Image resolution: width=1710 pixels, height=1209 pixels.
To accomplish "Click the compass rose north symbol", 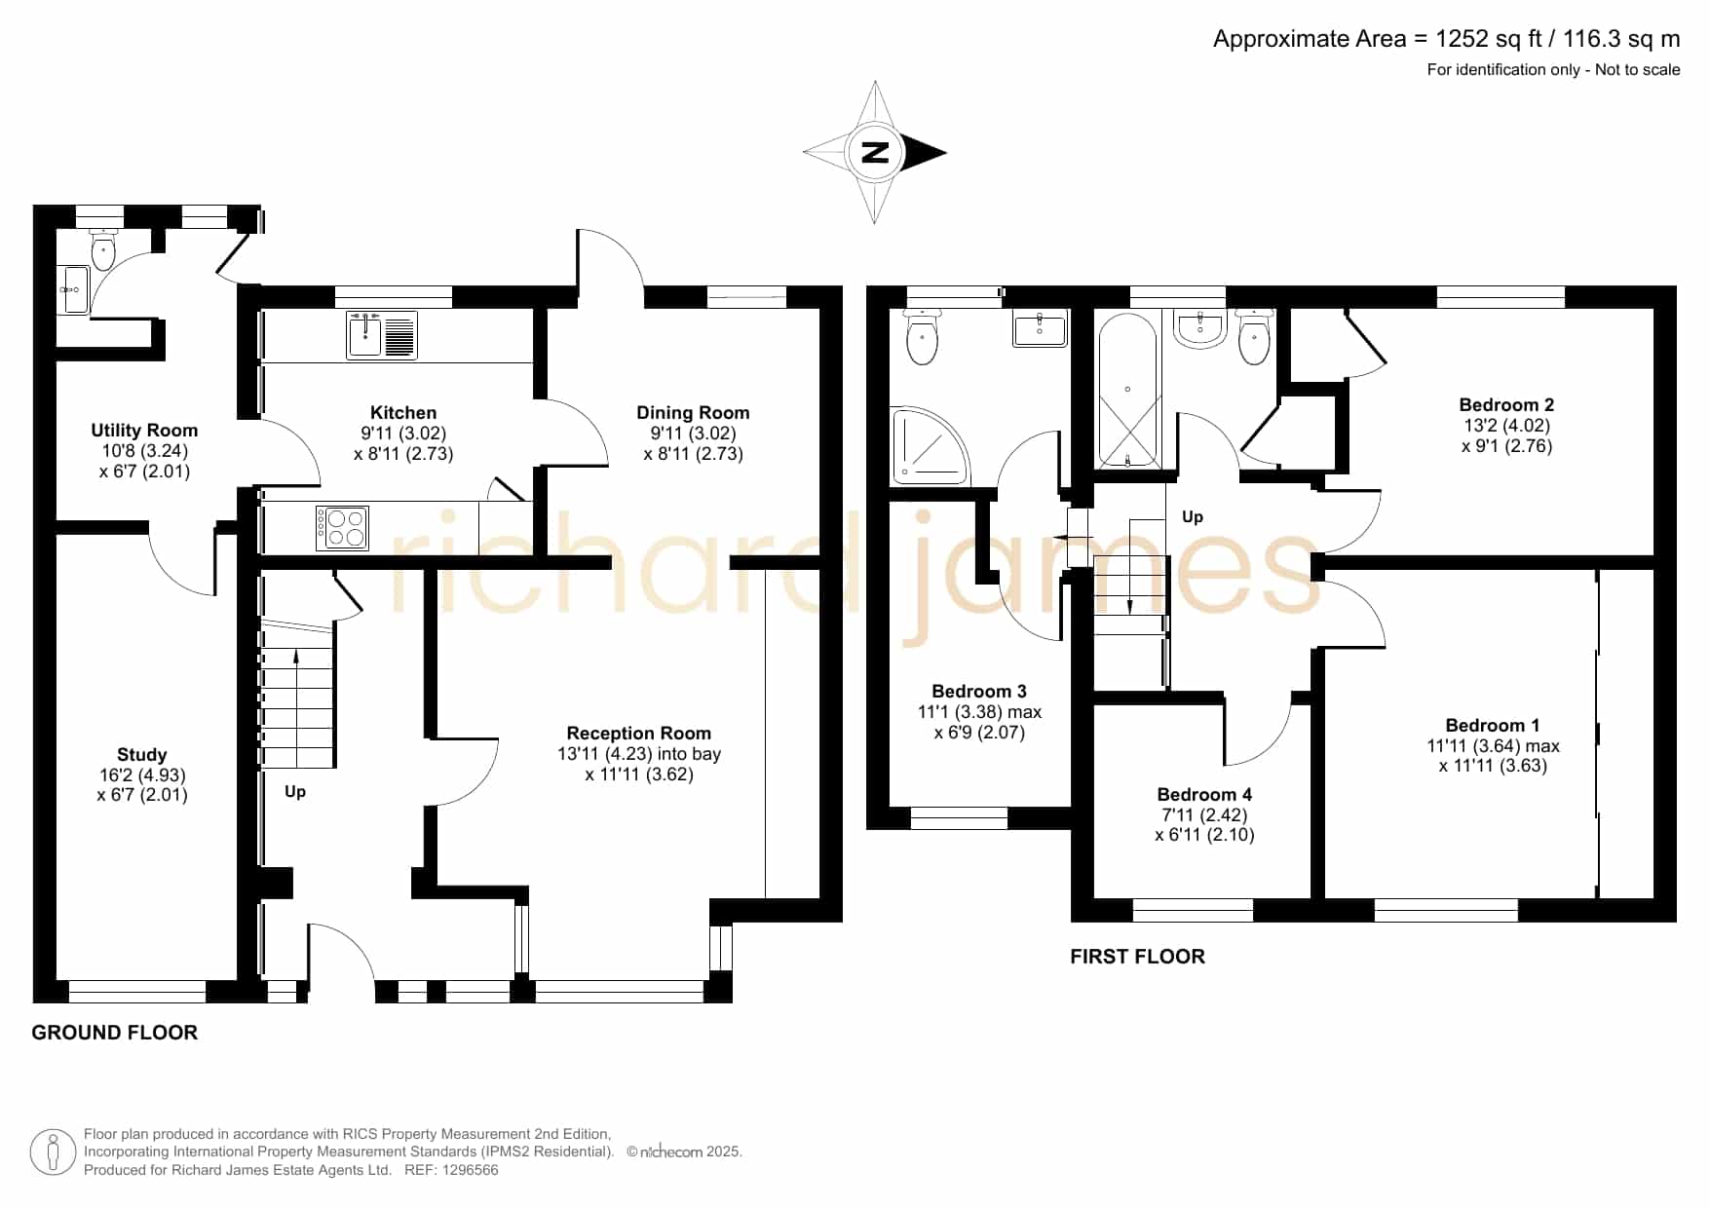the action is pyautogui.click(x=875, y=152).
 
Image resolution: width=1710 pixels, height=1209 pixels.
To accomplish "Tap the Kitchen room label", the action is pyautogui.click(x=403, y=413).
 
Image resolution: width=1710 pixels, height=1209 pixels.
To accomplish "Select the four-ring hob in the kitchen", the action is pyautogui.click(x=342, y=527).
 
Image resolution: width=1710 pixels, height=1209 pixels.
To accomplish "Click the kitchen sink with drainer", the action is pyautogui.click(x=382, y=334).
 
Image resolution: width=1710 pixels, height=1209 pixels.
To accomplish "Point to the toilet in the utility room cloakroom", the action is pyautogui.click(x=102, y=249).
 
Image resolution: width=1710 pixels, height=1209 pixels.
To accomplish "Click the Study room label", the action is pyautogui.click(x=141, y=755).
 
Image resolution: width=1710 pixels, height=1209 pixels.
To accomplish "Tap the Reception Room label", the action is pyautogui.click(x=639, y=734).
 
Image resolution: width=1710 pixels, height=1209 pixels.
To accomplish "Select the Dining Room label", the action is pyautogui.click(x=693, y=413).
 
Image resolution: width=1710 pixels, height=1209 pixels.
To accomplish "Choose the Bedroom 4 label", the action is pyautogui.click(x=1204, y=795).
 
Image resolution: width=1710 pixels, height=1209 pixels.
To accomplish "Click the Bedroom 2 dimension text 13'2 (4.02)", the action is pyautogui.click(x=1506, y=426).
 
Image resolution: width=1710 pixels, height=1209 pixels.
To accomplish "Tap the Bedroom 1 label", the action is pyautogui.click(x=1493, y=726).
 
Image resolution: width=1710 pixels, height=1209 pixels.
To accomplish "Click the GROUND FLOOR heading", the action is pyautogui.click(x=115, y=1033).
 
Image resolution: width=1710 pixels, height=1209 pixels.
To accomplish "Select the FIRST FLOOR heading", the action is pyautogui.click(x=1137, y=957).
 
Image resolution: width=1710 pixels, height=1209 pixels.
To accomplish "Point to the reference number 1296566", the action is pyautogui.click(x=471, y=1170).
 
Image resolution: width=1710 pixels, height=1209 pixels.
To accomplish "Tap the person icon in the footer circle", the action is pyautogui.click(x=53, y=1152).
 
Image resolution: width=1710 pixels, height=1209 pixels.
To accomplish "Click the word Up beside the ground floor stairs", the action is pyautogui.click(x=295, y=792).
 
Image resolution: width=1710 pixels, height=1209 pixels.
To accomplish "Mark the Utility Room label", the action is pyautogui.click(x=144, y=431).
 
